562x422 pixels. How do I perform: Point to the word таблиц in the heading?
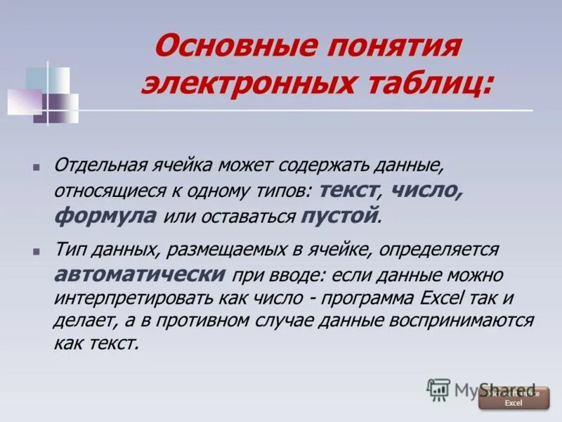(429, 84)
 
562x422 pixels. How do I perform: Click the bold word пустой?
(339, 216)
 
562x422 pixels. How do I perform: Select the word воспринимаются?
(462, 320)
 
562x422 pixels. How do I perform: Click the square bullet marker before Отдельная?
(35, 167)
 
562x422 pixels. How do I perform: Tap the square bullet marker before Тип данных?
(35, 251)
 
